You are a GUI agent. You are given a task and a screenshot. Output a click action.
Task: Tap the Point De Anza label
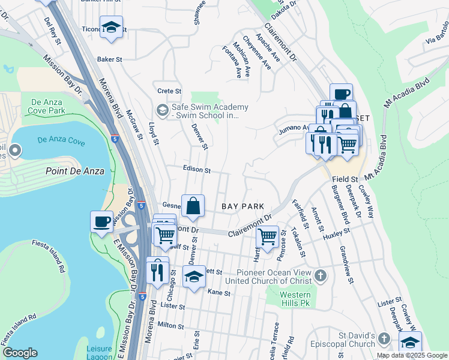(75, 171)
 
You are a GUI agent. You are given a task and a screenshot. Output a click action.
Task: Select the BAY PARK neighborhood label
(243, 206)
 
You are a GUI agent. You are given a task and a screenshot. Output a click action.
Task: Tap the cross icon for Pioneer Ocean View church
(321, 276)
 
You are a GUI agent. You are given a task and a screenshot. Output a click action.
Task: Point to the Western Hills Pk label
(296, 299)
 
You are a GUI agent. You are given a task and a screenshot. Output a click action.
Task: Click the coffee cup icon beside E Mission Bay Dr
(101, 221)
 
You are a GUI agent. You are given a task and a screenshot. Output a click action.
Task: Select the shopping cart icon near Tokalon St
(267, 236)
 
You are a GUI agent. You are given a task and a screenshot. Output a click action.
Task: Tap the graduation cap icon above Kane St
(194, 277)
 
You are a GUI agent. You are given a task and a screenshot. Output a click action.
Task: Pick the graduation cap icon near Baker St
(111, 28)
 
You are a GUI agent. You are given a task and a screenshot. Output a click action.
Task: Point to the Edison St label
(197, 170)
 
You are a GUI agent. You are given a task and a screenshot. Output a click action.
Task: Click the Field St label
(345, 179)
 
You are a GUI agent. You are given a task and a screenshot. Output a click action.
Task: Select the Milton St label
(170, 325)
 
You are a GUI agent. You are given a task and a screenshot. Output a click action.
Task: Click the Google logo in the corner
(20, 353)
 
